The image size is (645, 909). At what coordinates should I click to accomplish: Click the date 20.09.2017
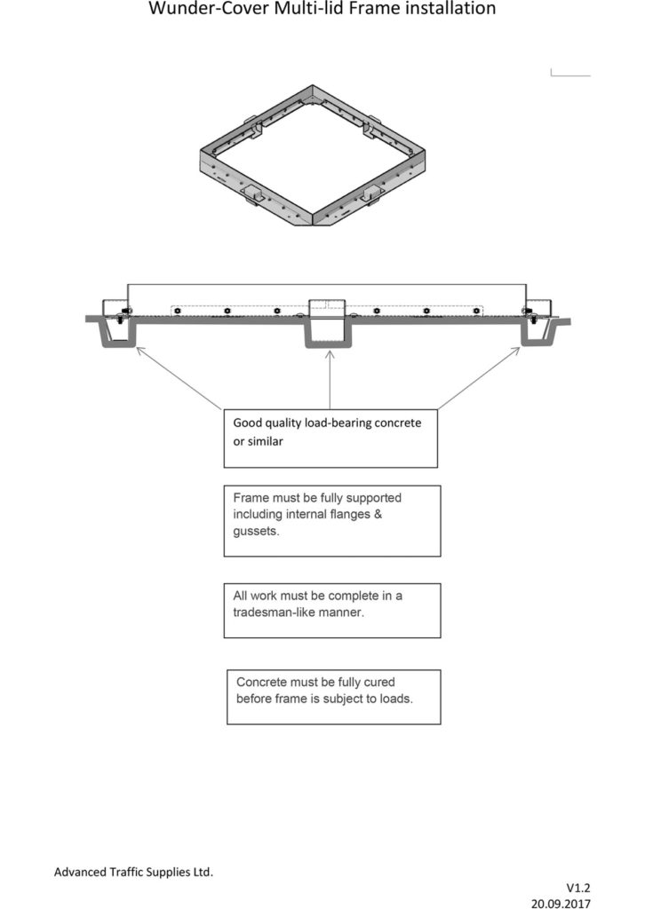pyautogui.click(x=561, y=903)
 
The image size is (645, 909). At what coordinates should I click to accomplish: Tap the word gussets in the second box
pyautogui.click(x=256, y=532)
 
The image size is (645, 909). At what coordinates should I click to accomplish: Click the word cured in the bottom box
pyautogui.click(x=379, y=682)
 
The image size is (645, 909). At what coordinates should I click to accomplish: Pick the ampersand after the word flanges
pyautogui.click(x=378, y=514)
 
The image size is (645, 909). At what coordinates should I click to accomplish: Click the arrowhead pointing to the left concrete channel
pyautogui.click(x=139, y=350)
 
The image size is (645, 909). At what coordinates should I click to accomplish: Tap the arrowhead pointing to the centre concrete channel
pyautogui.click(x=330, y=354)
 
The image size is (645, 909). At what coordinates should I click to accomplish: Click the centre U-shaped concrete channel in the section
pyautogui.click(x=329, y=345)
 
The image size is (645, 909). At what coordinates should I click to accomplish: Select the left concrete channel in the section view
pyautogui.click(x=119, y=344)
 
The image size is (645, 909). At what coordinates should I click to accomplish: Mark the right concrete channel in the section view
pyautogui.click(x=536, y=344)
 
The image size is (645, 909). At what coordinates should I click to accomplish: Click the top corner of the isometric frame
pyautogui.click(x=313, y=86)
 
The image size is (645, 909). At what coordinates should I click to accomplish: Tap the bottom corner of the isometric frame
pyautogui.click(x=314, y=225)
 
